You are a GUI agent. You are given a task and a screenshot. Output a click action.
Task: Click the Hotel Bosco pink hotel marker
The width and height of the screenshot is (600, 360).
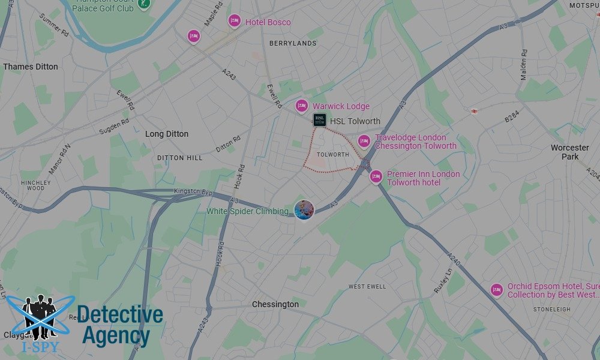pyautogui.click(x=235, y=21)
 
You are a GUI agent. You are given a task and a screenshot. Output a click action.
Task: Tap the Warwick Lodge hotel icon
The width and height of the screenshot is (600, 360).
pyautogui.click(x=302, y=106)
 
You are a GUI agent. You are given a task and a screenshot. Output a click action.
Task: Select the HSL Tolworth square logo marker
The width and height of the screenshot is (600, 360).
pyautogui.click(x=320, y=121)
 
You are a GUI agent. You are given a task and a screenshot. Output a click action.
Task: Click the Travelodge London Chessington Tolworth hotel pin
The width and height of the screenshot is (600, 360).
pyautogui.click(x=364, y=141)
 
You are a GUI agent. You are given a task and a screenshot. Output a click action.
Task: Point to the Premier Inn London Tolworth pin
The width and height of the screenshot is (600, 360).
pyautogui.click(x=376, y=176)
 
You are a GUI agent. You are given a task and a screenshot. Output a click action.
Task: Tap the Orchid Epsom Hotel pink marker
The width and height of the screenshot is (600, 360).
pyautogui.click(x=496, y=289)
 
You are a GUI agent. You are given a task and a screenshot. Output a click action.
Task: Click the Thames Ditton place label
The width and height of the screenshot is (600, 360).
pyautogui.click(x=31, y=67)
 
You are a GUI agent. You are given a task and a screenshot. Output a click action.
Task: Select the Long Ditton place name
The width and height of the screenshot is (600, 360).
pyautogui.click(x=167, y=134)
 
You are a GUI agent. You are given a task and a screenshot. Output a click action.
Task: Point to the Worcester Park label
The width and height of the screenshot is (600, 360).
pyautogui.click(x=570, y=152)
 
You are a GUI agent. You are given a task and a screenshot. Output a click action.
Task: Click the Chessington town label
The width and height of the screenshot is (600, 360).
pyautogui.click(x=275, y=304)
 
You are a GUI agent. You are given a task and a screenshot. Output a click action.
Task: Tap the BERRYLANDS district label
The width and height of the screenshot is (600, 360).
pyautogui.click(x=293, y=43)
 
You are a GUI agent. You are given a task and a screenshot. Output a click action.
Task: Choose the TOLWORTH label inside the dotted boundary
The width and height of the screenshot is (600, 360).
pyautogui.click(x=332, y=155)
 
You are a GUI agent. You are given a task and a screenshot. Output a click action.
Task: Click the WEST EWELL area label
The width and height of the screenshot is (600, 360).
pyautogui.click(x=367, y=287)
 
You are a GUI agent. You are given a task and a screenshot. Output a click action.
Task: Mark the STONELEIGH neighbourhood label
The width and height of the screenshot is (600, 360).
pyautogui.click(x=551, y=310)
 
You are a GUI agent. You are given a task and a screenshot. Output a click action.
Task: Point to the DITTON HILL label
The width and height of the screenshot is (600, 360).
pyautogui.click(x=180, y=157)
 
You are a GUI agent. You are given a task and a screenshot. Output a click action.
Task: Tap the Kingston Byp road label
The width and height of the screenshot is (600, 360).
pyautogui.click(x=193, y=191)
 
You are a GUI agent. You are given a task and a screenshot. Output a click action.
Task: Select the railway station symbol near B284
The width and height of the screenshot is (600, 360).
pyautogui.click(x=474, y=111)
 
